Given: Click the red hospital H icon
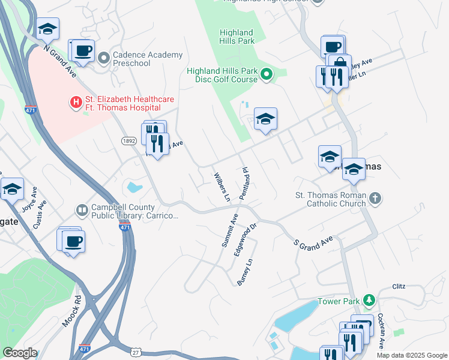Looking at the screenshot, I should pyautogui.click(x=76, y=103).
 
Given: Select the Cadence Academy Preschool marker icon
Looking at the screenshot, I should pyautogui.click(x=104, y=58).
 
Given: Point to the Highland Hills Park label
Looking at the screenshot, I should pyautogui.click(x=237, y=37).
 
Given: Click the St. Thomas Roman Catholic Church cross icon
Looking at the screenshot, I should pyautogui.click(x=375, y=199).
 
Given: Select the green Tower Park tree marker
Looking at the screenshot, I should pyautogui.click(x=370, y=300).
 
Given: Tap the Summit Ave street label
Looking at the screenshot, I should pyautogui.click(x=230, y=230).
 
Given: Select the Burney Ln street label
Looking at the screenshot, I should pyautogui.click(x=243, y=271).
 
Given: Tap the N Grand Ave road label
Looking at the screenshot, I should pyautogui.click(x=60, y=61).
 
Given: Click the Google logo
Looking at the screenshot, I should pyautogui.click(x=20, y=353).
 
